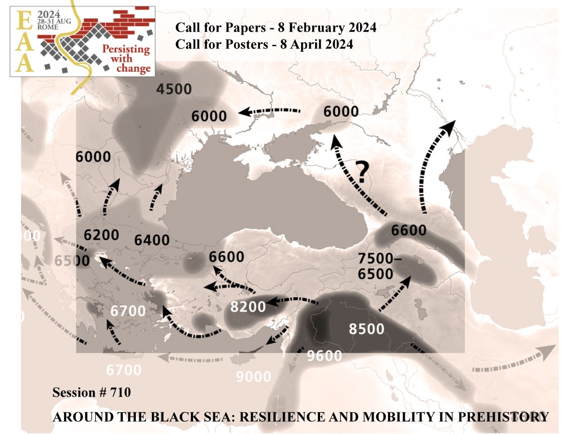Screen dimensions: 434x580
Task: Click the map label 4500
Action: tap(174, 89)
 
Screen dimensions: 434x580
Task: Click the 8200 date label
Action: tap(248, 305)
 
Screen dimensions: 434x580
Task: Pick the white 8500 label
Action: tap(366, 329)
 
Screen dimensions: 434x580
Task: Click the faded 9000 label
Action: tap(253, 377)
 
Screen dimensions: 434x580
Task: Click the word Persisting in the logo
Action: tap(126, 49)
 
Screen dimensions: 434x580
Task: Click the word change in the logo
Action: tap(134, 68)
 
